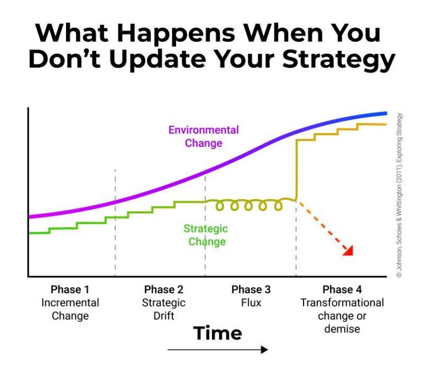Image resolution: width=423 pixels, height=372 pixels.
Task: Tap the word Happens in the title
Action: tap(176, 34)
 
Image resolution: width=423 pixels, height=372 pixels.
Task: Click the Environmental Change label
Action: tap(204, 136)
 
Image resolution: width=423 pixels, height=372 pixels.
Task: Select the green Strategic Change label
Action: tap(206, 235)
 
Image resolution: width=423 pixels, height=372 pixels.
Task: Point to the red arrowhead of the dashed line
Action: tap(348, 251)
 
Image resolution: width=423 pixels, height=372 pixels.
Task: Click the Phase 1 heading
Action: tap(70, 289)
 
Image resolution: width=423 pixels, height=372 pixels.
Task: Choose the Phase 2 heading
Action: tap(164, 289)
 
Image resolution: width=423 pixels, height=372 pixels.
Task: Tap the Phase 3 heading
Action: tap(251, 289)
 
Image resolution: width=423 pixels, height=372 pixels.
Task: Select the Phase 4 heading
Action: tap(342, 289)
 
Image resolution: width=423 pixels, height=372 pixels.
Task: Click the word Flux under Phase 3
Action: tap(251, 303)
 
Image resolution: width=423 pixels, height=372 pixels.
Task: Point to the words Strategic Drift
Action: tap(164, 309)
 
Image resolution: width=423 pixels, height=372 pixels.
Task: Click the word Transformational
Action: tap(342, 303)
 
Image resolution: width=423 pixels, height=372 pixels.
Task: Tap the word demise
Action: tap(342, 329)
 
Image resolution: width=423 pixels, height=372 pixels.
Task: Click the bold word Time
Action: tap(218, 333)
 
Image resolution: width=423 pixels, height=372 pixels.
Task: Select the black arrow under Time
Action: tap(218, 349)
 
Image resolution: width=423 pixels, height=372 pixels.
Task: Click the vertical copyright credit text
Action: tap(399, 195)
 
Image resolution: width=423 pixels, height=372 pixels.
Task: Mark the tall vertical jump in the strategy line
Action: tap(296, 170)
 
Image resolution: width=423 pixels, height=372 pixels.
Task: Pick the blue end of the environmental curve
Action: tap(384, 113)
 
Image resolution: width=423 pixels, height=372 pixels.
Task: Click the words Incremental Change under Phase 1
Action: tap(70, 309)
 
